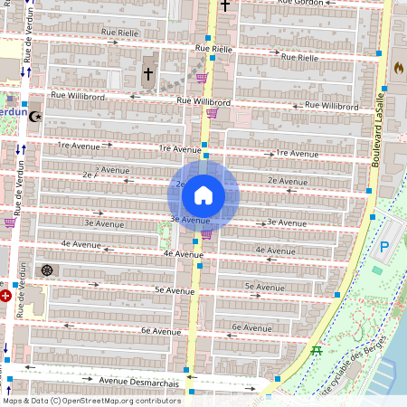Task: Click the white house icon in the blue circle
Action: click(203, 194)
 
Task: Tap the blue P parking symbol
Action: click(383, 246)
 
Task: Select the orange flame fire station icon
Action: click(398, 67)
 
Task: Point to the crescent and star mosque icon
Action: click(35, 116)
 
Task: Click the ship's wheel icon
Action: click(46, 270)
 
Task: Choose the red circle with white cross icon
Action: click(6, 295)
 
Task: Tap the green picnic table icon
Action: click(317, 349)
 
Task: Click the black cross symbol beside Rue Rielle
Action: click(148, 73)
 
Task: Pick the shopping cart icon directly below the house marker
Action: click(206, 234)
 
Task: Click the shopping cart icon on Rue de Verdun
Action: click(10, 222)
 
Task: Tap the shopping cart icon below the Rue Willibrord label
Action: click(212, 114)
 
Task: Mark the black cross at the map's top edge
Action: click(225, 5)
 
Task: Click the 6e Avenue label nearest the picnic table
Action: click(251, 327)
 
